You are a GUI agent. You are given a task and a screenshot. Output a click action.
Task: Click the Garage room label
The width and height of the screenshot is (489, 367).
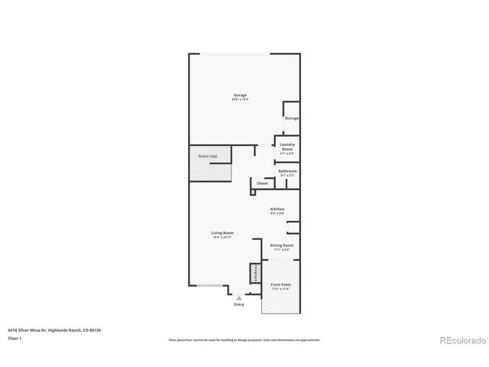pos(240,96)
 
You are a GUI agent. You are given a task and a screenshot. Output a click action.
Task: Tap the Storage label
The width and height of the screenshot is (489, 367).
pos(291,119)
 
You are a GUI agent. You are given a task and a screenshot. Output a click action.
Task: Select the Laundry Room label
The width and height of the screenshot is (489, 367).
pos(287,145)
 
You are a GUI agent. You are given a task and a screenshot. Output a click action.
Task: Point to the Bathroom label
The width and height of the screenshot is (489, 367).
pos(287,171)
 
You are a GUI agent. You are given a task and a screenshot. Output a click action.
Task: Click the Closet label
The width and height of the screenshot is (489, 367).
pos(262,183)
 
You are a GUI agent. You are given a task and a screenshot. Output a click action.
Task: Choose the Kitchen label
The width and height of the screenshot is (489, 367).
pos(277,209)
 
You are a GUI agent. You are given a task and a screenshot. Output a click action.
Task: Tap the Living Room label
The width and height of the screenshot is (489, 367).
pos(222,232)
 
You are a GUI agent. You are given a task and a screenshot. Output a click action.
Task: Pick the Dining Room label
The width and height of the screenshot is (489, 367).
pos(281,245)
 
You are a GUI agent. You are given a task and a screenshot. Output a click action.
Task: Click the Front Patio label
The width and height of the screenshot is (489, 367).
pos(280,285)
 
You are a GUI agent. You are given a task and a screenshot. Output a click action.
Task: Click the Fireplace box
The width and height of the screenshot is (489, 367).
pos(254,273)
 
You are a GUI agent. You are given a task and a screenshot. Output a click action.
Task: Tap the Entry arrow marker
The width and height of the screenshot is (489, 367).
pos(239,298)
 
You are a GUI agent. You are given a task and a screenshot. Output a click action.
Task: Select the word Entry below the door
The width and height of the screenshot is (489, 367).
pos(239,305)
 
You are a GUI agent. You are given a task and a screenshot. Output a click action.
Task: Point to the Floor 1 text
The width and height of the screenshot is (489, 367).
pos(15,337)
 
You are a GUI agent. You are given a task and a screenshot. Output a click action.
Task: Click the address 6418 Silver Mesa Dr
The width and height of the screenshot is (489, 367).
pos(31,330)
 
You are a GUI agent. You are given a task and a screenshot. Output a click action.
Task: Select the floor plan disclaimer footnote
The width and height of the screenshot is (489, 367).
pos(244,339)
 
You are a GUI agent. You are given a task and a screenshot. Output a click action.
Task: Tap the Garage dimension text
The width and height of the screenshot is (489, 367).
pos(240,100)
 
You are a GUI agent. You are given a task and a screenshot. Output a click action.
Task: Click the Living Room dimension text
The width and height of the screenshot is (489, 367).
pos(222,237)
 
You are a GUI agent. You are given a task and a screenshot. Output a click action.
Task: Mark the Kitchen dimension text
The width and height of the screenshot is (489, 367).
pos(277,213)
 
